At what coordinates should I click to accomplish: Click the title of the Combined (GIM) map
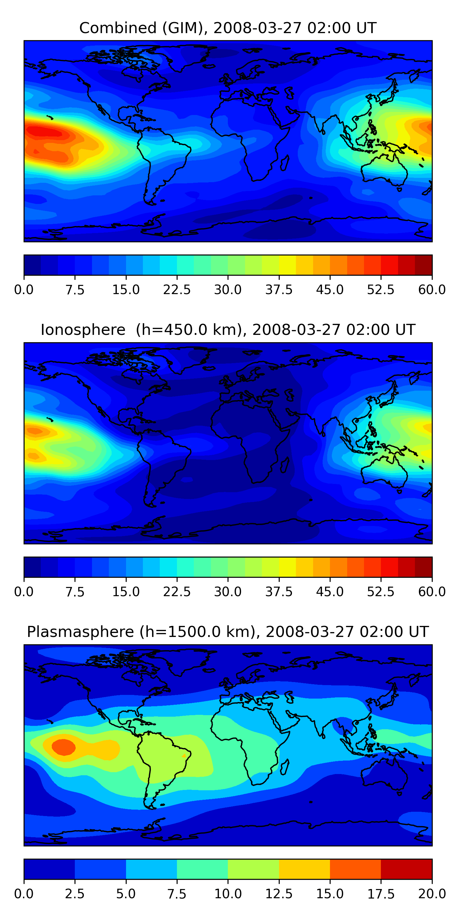(228, 28)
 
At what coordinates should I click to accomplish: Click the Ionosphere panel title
(228, 330)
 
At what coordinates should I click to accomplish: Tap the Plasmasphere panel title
(228, 632)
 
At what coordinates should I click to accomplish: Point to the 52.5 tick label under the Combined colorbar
(381, 289)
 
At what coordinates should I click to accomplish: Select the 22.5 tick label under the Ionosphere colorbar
(177, 592)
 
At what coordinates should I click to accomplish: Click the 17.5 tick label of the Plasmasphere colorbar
(381, 894)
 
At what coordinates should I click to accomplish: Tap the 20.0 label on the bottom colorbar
(432, 894)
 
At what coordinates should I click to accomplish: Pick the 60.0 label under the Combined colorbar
(432, 289)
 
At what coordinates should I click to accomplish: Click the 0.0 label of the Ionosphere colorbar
(24, 592)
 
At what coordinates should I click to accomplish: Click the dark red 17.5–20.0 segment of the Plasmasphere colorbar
(406, 869)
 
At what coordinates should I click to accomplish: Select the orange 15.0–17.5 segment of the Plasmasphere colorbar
(355, 869)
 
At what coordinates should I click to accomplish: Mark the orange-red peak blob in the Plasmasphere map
(63, 747)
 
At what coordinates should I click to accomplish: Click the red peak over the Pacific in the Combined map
(45, 132)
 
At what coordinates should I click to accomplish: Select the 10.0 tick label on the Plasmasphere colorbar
(228, 894)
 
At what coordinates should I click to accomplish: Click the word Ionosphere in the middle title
(83, 330)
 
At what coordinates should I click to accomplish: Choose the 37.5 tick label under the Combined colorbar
(279, 289)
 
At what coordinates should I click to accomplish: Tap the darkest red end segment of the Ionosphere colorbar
(424, 567)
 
